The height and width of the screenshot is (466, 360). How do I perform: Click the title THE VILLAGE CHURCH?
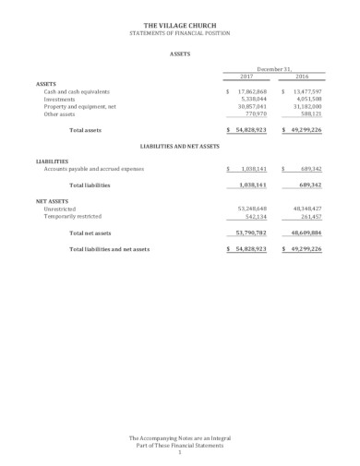pyautogui.click(x=180, y=26)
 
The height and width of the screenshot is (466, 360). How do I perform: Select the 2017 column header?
pyautogui.click(x=246, y=77)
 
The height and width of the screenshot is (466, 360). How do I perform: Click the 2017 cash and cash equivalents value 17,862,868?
pyautogui.click(x=252, y=92)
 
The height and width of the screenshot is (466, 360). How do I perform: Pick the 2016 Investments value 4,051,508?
pyautogui.click(x=307, y=100)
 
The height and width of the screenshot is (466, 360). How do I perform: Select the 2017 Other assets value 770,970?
pyautogui.click(x=256, y=114)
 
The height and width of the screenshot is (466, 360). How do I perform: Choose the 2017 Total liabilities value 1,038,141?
pyautogui.click(x=253, y=185)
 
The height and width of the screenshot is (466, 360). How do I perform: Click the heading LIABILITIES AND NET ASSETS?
pyautogui.click(x=180, y=146)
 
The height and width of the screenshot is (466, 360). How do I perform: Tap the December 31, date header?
pyautogui.click(x=274, y=68)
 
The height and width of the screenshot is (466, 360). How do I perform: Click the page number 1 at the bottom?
pyautogui.click(x=180, y=450)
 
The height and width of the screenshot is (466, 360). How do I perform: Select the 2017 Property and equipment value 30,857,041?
pyautogui.click(x=252, y=107)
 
